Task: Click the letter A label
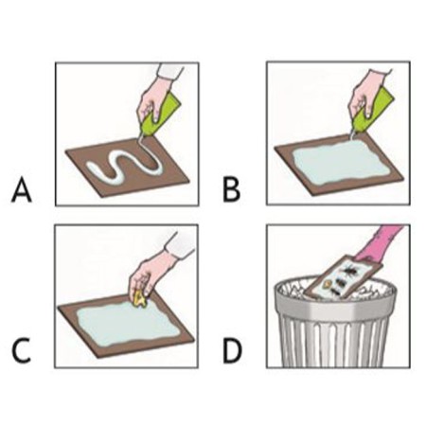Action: click(x=22, y=190)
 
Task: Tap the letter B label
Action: click(x=231, y=189)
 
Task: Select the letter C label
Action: click(x=22, y=351)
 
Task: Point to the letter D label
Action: click(x=232, y=351)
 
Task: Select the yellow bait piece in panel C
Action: click(x=139, y=299)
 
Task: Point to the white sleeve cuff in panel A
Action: click(x=170, y=73)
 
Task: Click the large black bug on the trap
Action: click(x=351, y=271)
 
